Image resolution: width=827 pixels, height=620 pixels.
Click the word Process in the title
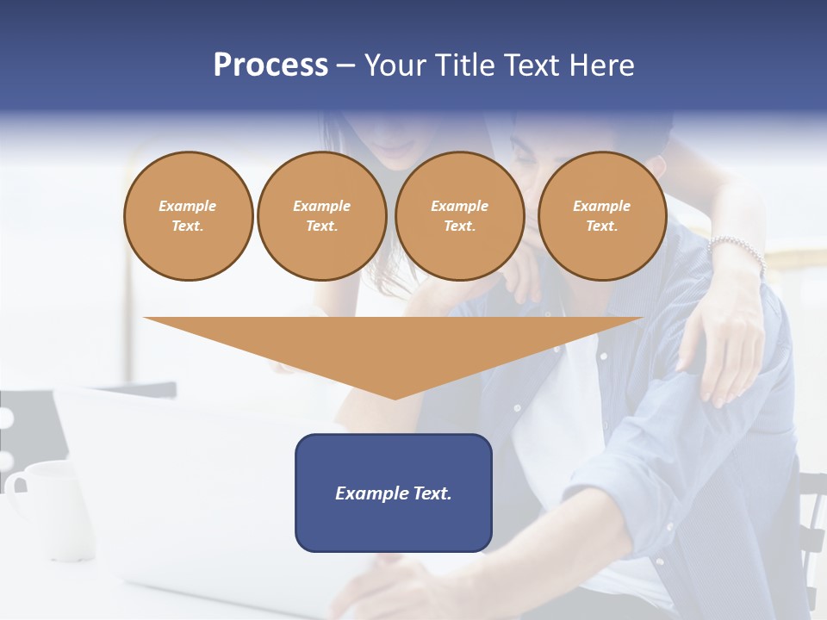(x=270, y=65)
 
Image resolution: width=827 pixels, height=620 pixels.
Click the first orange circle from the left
(x=188, y=216)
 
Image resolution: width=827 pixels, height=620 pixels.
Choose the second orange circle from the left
(x=321, y=216)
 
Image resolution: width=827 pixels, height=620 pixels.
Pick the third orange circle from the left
(x=459, y=216)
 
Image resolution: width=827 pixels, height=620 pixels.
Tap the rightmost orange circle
(x=601, y=216)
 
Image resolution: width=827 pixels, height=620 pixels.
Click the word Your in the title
(x=394, y=65)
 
